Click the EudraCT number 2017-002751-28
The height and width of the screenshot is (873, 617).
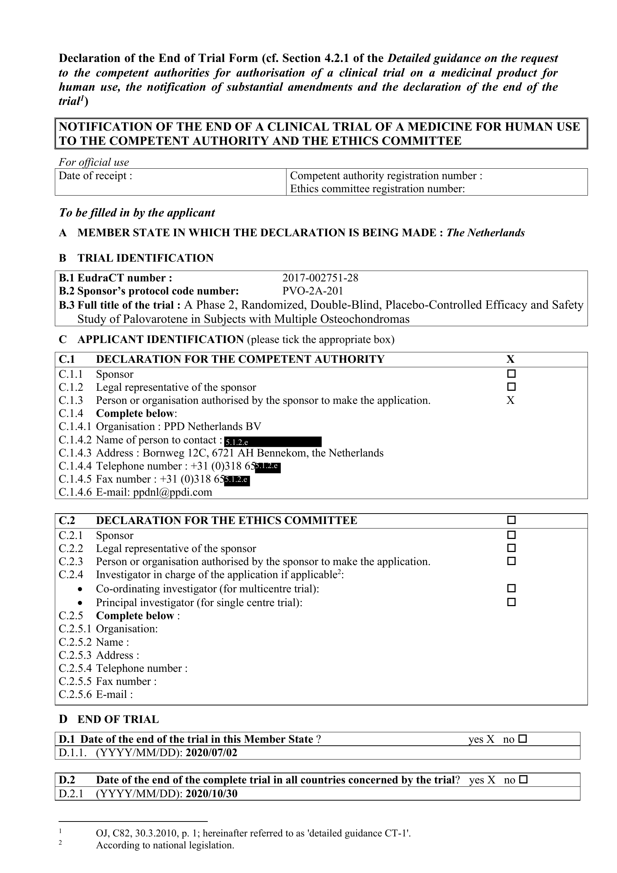(320, 278)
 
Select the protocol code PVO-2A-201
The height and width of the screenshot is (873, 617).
(313, 291)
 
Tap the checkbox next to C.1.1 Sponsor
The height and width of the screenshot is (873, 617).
(511, 374)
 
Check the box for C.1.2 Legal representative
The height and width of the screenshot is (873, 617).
(511, 387)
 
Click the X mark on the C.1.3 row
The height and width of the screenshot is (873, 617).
(510, 400)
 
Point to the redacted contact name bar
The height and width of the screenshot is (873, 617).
(273, 442)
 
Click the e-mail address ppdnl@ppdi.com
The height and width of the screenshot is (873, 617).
(172, 492)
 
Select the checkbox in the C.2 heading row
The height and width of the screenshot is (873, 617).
(511, 520)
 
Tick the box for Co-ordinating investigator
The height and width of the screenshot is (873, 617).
(511, 589)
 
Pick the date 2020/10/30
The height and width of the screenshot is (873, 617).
(211, 794)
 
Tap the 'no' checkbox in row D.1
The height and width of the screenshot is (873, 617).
(523, 739)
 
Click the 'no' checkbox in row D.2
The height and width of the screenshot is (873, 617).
(523, 780)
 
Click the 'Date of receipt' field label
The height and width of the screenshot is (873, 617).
(95, 176)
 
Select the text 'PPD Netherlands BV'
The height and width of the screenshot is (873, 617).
(212, 427)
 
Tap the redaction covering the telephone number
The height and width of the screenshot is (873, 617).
(267, 467)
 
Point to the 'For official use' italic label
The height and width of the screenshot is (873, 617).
(94, 162)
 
